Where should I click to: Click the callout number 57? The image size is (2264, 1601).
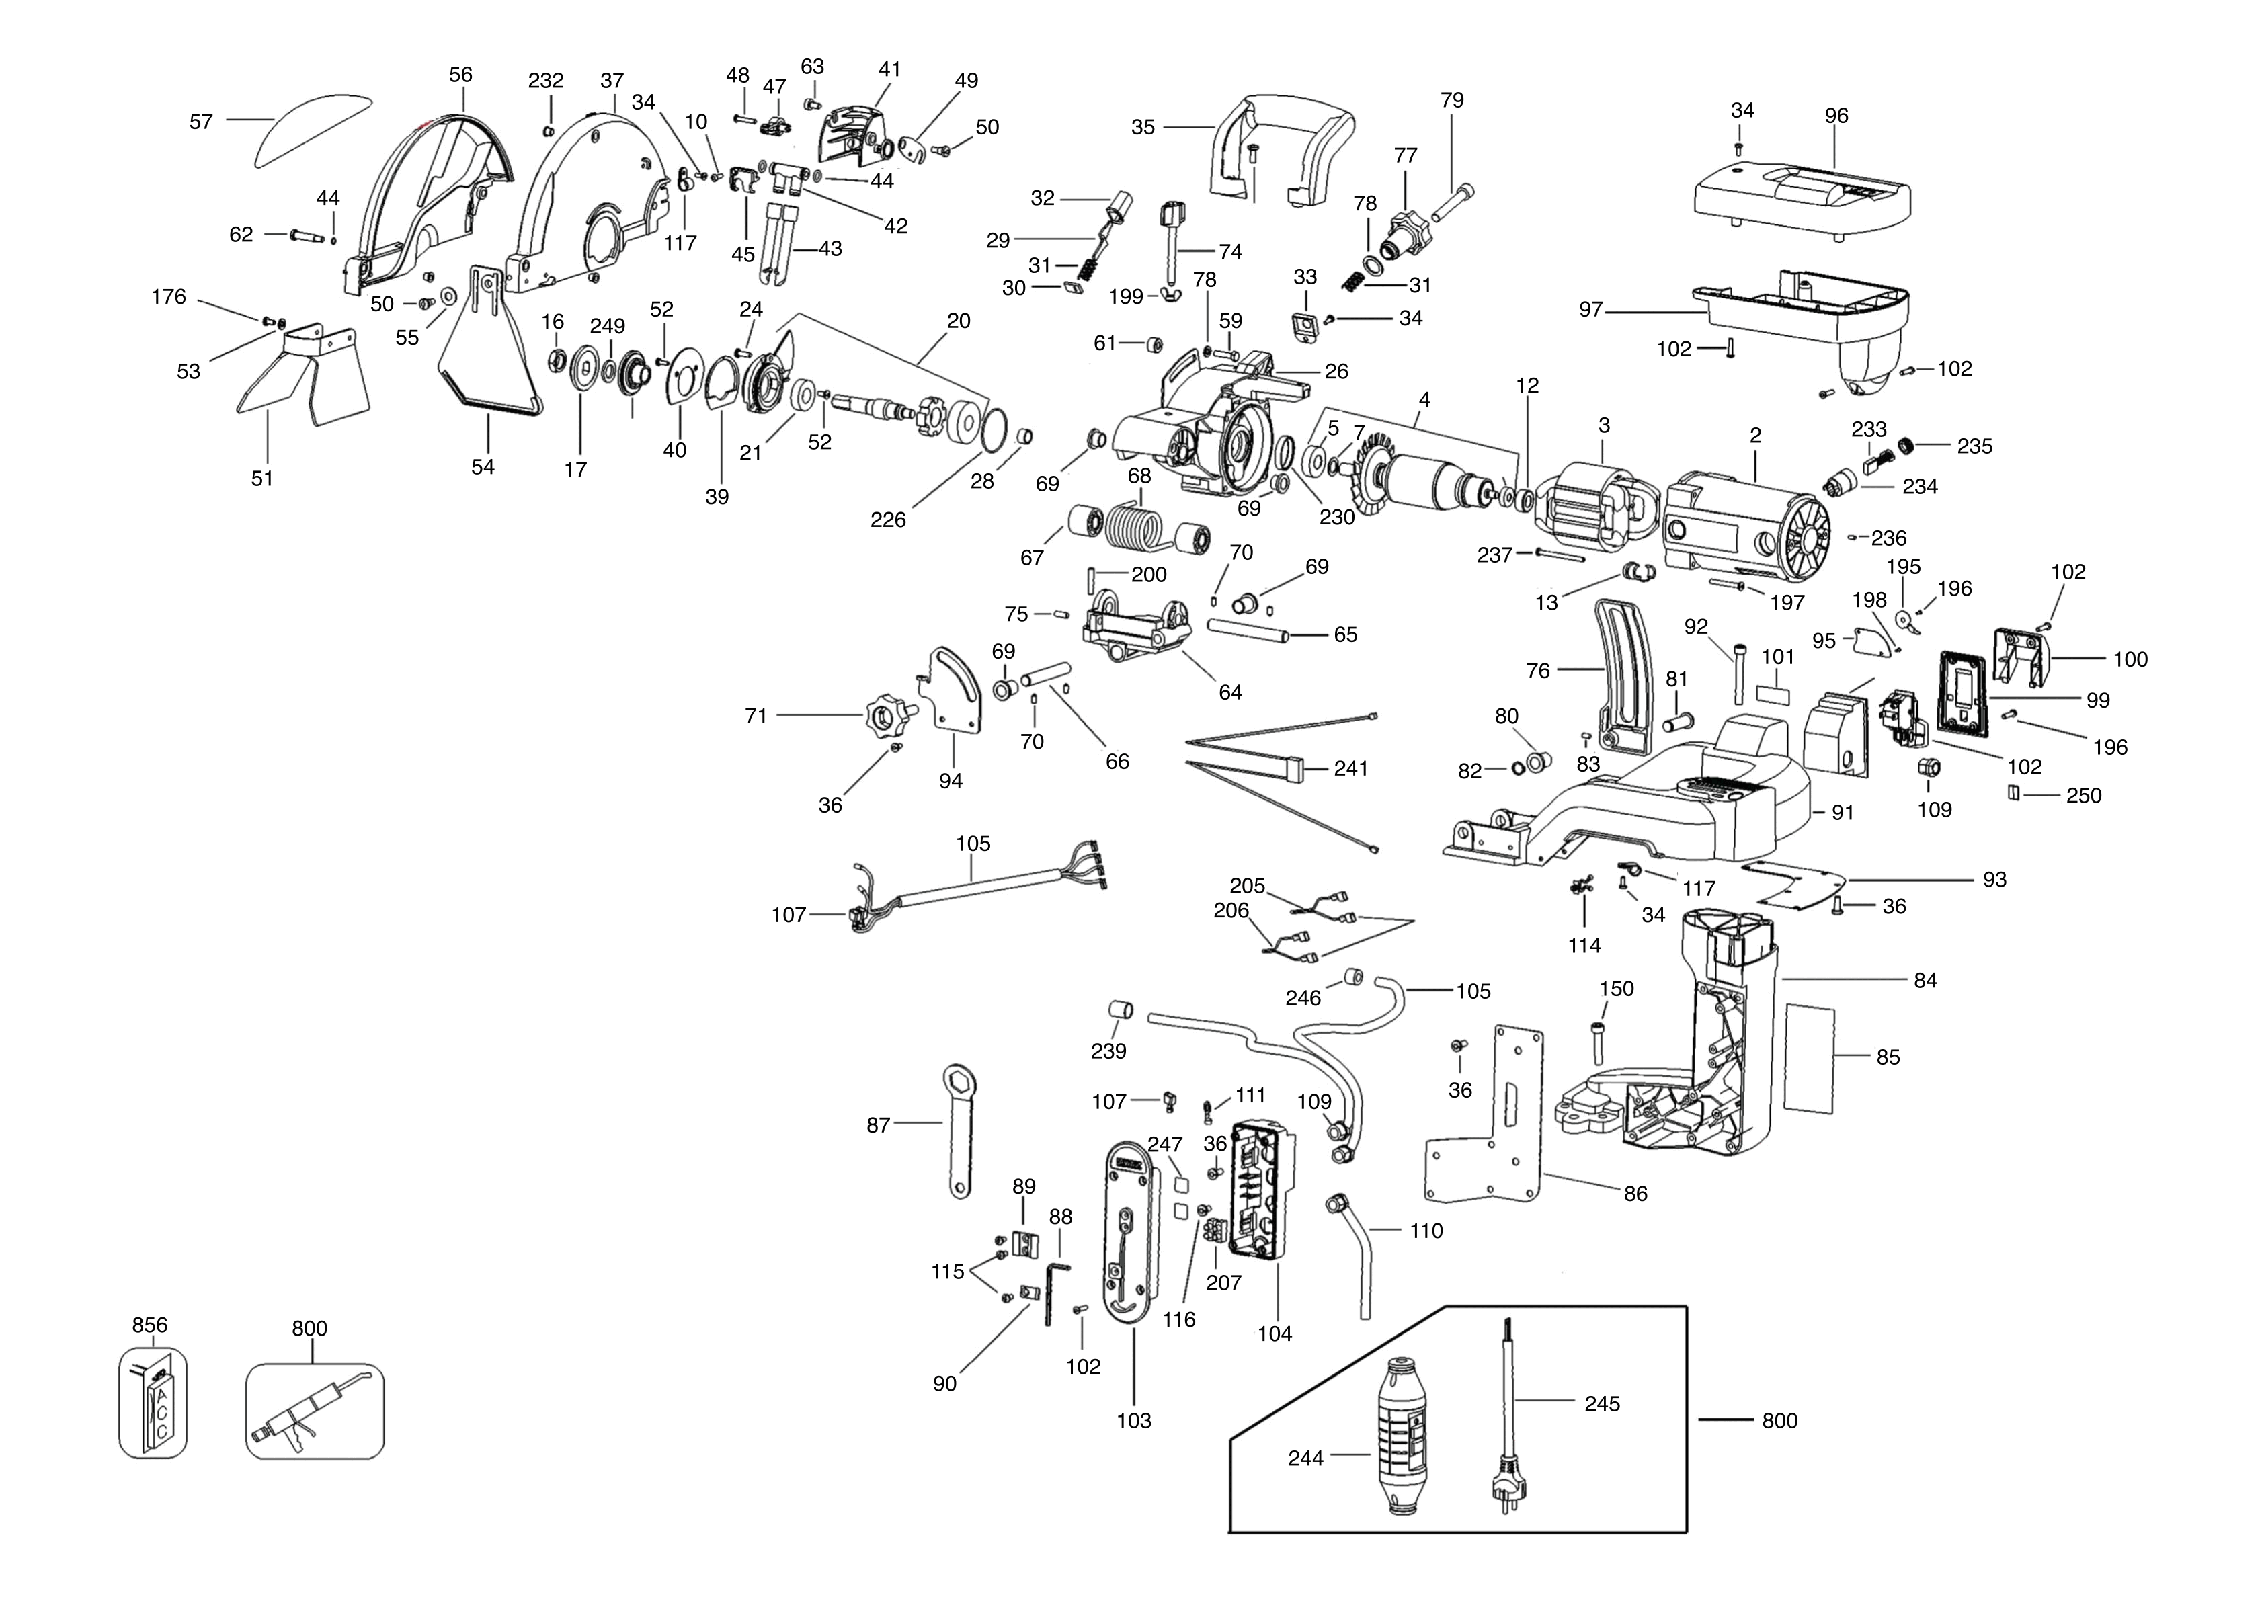[201, 121]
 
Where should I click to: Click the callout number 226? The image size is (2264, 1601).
[887, 520]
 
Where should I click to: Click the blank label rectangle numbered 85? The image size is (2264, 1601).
[1810, 1059]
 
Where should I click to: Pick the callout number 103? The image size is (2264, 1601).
[1134, 1421]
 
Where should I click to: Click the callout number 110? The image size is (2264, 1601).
[1426, 1231]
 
